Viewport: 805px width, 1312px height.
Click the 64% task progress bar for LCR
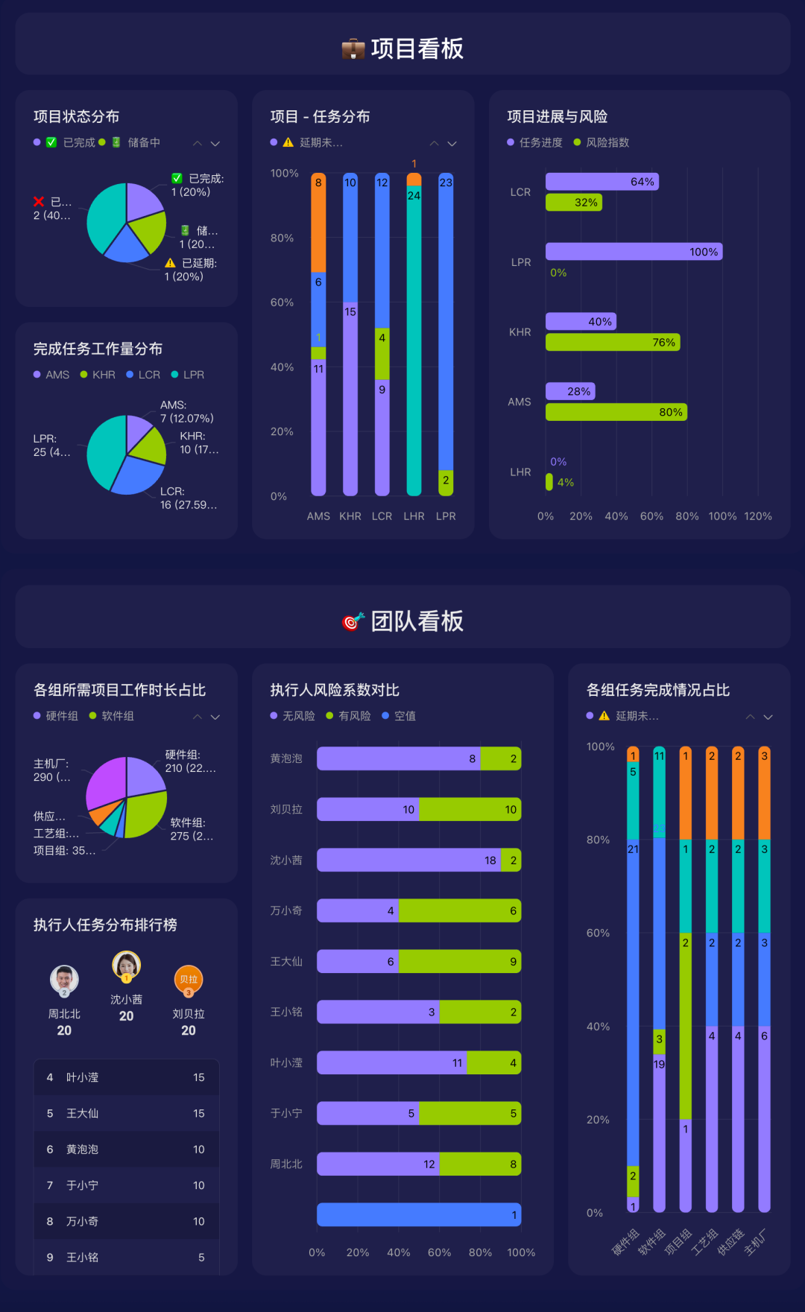tap(601, 182)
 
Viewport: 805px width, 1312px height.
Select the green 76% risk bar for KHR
tap(611, 342)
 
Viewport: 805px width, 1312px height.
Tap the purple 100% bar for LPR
tap(633, 252)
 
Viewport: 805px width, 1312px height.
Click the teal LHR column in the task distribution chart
tap(414, 335)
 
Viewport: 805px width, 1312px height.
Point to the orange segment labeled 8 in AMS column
tap(318, 224)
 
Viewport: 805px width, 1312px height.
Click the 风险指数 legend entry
tap(607, 142)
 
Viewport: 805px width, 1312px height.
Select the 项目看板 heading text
tap(417, 49)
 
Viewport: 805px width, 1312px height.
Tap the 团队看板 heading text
tap(417, 621)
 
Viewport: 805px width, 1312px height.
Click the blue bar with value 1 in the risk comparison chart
tap(418, 1214)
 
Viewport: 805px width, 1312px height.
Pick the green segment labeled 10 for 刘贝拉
tap(470, 809)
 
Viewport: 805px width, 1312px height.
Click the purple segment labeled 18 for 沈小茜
tap(408, 860)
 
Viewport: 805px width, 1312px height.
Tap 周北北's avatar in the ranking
tap(64, 979)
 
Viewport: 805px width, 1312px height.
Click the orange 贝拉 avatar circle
tap(189, 979)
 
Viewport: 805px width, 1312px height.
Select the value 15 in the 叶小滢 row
tap(198, 1077)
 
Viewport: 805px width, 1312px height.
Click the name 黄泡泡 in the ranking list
tap(82, 1150)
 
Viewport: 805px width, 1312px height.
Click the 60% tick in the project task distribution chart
tap(282, 302)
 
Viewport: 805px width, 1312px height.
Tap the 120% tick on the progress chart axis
tap(757, 516)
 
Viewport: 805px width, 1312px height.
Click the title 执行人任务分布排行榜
tap(105, 925)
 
